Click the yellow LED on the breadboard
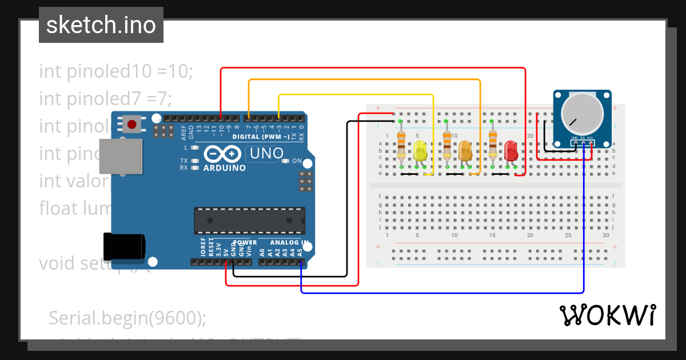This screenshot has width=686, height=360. coord(420,151)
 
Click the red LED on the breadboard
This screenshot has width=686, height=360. coord(510,151)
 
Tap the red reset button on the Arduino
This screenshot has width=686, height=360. coord(132,124)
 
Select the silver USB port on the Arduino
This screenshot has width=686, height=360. coord(121,155)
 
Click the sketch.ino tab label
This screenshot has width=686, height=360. coord(101,25)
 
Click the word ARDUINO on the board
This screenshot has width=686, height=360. coord(224,168)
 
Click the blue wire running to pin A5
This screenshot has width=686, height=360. coord(440,293)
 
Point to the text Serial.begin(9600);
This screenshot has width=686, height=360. coord(127,318)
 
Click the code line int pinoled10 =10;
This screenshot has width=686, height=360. coord(117,71)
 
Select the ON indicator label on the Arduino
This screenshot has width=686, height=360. coord(297,161)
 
